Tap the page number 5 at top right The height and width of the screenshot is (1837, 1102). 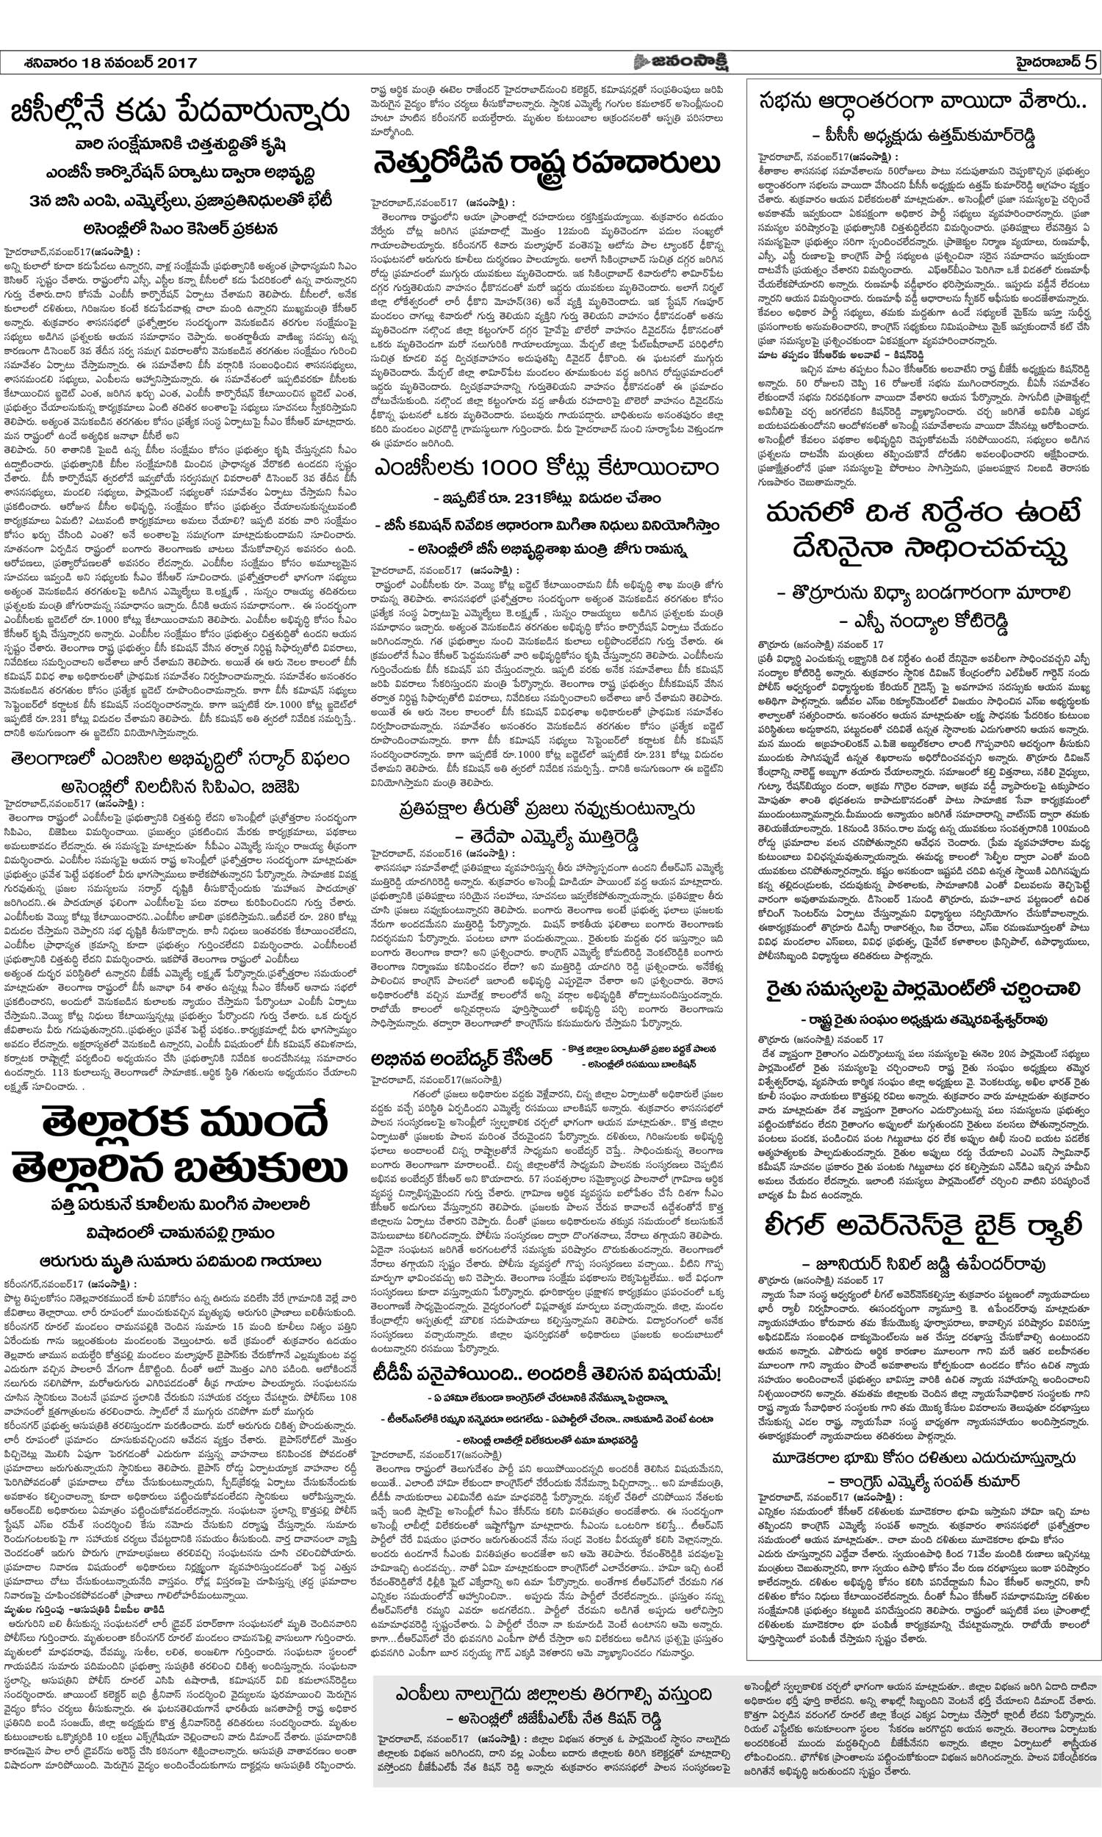[x=1088, y=62]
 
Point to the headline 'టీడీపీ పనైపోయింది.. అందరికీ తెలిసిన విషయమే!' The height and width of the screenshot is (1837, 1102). [x=547, y=1374]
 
